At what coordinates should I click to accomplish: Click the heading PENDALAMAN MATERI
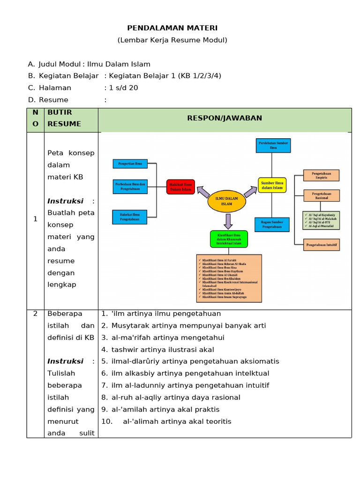pos(172,28)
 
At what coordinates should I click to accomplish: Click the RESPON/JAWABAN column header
pos(225,118)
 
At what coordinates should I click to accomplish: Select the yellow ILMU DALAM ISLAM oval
pos(226,201)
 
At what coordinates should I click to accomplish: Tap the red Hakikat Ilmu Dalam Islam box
pos(180,187)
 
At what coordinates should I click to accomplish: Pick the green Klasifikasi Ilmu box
pos(229,239)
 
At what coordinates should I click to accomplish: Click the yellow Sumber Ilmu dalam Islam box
pos(272,185)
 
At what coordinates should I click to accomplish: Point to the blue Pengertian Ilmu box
pos(130,164)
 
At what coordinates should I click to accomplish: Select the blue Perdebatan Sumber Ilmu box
pos(273,145)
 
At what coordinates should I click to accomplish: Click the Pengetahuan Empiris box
pos(321,175)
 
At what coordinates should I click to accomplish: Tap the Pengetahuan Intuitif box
pos(321,245)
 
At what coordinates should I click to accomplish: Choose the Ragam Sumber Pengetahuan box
pos(272,225)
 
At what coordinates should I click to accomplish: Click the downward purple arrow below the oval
pos(228,221)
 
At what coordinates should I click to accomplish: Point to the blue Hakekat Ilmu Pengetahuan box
pos(130,217)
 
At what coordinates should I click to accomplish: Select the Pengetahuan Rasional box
pos(321,195)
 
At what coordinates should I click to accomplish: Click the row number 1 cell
pos(35,219)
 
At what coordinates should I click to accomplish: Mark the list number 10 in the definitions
pos(107,421)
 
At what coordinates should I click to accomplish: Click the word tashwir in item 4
pos(123,349)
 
